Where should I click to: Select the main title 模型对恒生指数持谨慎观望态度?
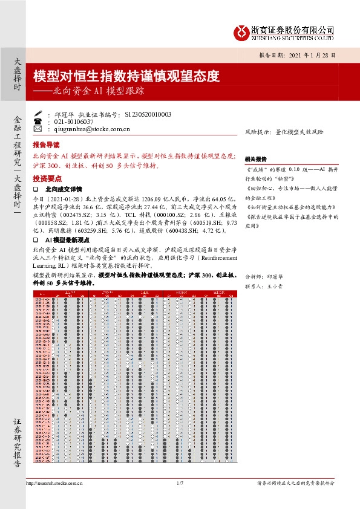click(x=126, y=77)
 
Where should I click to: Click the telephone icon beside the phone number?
click(x=39, y=121)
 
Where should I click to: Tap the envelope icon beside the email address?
click(x=39, y=129)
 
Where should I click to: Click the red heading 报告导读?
click(x=46, y=145)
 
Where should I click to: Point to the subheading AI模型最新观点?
click(x=68, y=241)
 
